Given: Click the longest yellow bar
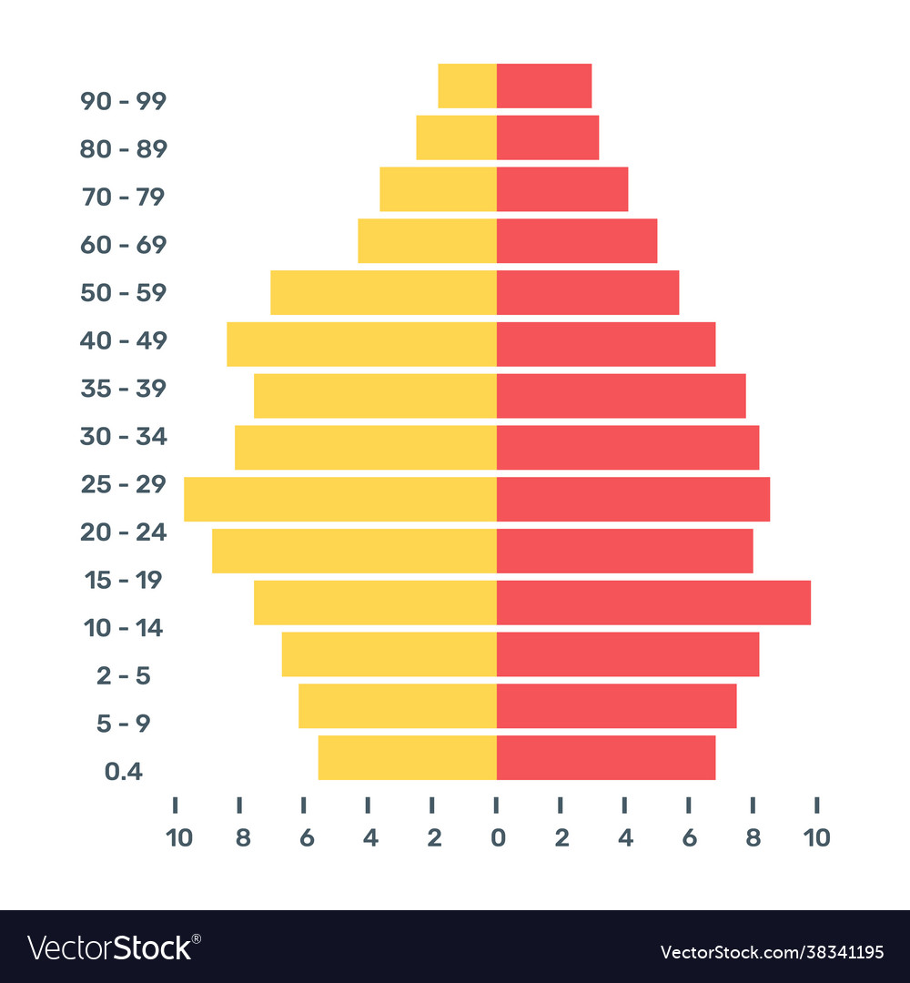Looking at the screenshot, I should point(339,500).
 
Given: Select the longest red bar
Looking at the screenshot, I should point(653,603).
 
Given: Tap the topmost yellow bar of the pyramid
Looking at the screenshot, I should point(467,86).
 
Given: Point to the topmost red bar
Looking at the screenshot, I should point(544,86).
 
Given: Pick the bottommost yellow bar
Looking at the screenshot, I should point(407,758).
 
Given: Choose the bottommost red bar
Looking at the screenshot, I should point(606,758).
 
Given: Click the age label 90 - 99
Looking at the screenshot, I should point(123,101).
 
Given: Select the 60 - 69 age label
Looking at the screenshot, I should point(123,245).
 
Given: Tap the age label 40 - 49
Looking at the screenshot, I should point(123,340).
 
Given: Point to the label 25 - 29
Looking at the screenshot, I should point(123,484).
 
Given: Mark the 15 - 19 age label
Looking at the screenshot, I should point(123,580).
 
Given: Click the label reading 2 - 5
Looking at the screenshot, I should point(123,676).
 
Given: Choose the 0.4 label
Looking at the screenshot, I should point(123,772).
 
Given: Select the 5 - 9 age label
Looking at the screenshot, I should point(123,724).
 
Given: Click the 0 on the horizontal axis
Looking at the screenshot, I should point(497,837).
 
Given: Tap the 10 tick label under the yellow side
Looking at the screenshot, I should point(178,837).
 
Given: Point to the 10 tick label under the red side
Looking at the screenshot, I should point(816,837).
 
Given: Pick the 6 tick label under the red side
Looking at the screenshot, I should point(689,837).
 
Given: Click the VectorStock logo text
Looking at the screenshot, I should point(110,948).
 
